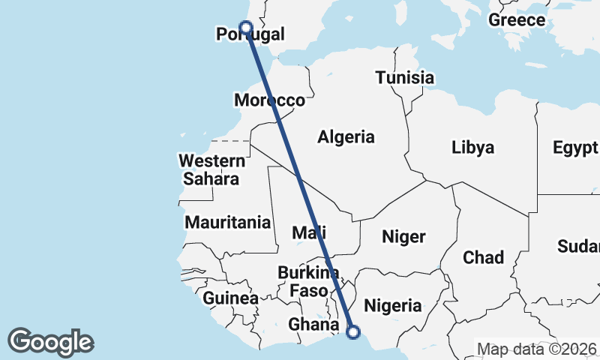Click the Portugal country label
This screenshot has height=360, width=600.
click(x=250, y=34)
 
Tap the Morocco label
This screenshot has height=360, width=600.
click(x=269, y=100)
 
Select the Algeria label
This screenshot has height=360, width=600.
click(x=346, y=137)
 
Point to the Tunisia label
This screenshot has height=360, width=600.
click(x=405, y=78)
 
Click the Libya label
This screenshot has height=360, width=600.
click(x=472, y=148)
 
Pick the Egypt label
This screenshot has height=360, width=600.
click(x=576, y=148)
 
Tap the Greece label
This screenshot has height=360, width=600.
click(x=517, y=20)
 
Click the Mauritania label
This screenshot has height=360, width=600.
click(x=227, y=223)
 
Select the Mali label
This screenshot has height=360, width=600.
click(x=309, y=233)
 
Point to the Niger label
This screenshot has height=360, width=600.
click(x=403, y=237)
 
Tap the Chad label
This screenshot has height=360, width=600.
click(x=483, y=258)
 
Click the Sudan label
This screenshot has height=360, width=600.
click(x=579, y=246)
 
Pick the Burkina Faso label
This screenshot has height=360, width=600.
click(x=308, y=281)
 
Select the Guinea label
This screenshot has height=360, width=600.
click(x=230, y=298)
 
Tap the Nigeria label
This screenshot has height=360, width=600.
click(x=392, y=306)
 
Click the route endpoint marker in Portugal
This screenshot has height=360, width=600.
click(x=245, y=28)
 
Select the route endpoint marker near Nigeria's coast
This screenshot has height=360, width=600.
click(x=354, y=331)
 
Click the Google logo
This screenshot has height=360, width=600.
click(x=50, y=342)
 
